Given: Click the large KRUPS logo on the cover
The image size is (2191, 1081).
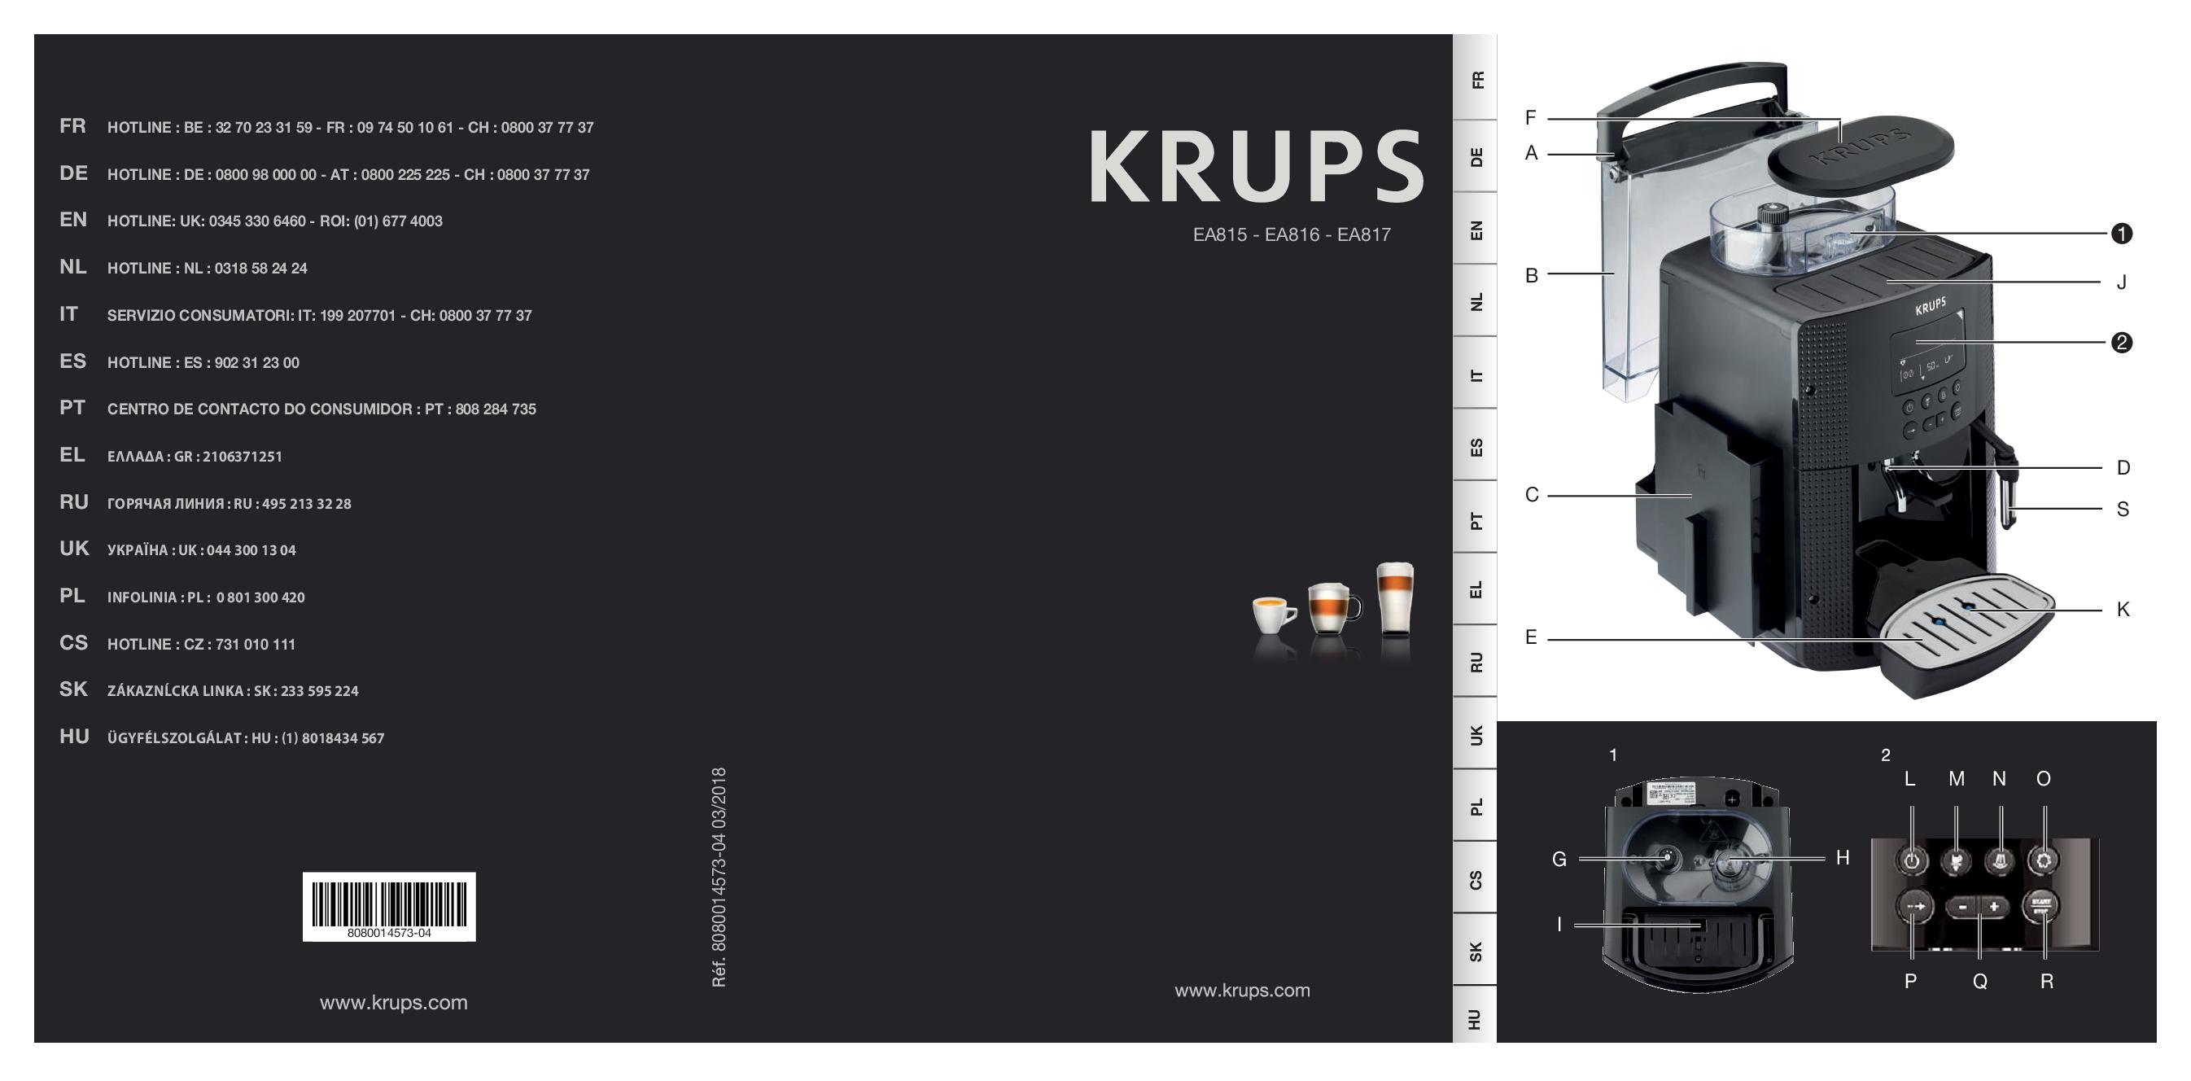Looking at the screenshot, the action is [x=1257, y=167].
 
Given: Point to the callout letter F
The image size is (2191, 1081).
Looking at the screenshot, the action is [x=1531, y=118].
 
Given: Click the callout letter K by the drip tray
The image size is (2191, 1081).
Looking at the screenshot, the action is [x=2123, y=609].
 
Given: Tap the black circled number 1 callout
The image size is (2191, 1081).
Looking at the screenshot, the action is [x=2121, y=234].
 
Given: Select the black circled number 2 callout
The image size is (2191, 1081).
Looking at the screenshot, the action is [x=2121, y=343].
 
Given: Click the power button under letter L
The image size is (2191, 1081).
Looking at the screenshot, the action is [x=1912, y=860].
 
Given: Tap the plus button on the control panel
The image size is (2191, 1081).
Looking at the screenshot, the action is [x=1994, y=907].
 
